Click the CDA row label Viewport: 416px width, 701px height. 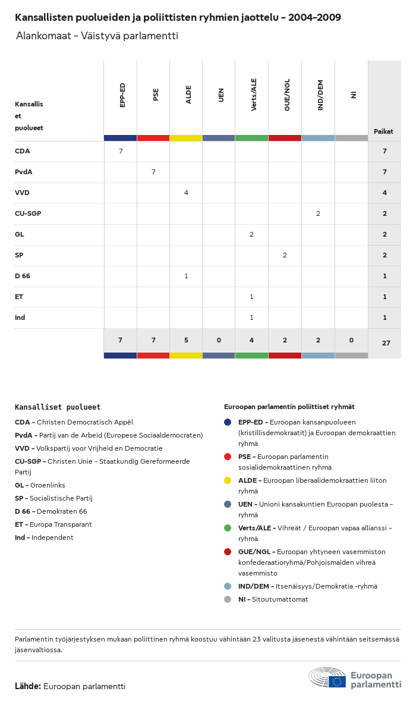click(23, 151)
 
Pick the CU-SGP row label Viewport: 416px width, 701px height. click(28, 213)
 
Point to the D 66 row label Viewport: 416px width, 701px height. click(23, 276)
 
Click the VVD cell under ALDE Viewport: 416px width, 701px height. click(186, 193)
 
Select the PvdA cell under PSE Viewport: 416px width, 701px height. click(153, 172)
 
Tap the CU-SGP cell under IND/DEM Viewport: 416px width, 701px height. click(318, 213)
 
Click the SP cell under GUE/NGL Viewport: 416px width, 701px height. click(285, 255)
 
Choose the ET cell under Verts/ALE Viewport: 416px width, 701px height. click(251, 297)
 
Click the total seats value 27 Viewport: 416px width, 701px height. click(385, 343)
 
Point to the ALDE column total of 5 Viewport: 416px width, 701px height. click(186, 340)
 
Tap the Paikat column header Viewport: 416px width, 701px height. click(383, 131)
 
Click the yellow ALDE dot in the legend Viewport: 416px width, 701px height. click(228, 480)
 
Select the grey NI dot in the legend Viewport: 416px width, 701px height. click(228, 599)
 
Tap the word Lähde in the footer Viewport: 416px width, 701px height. click(27, 686)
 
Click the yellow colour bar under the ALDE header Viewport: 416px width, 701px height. click(186, 138)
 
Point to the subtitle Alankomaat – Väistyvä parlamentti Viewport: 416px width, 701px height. click(97, 36)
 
